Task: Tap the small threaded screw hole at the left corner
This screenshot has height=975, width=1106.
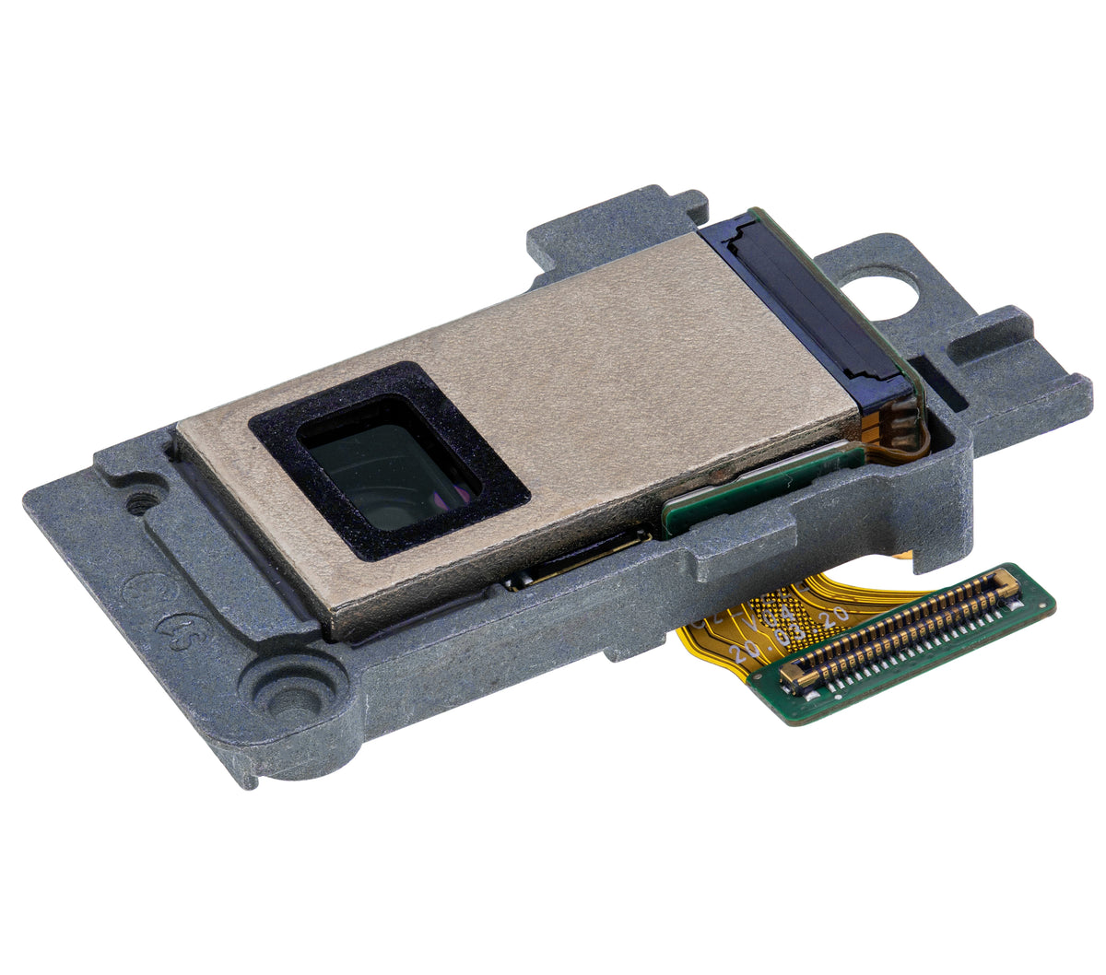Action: [140, 504]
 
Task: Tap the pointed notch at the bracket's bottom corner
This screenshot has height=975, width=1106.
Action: [247, 779]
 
